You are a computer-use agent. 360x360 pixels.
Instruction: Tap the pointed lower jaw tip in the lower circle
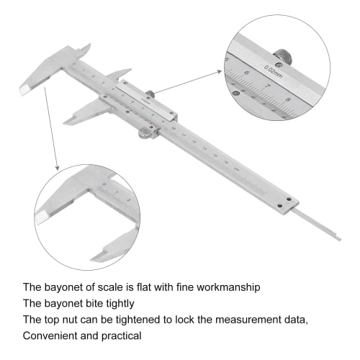tap(96, 256)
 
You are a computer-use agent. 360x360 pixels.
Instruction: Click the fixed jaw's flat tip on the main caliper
tap(23, 89)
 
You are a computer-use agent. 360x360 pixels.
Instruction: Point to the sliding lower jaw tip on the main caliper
tap(67, 122)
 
